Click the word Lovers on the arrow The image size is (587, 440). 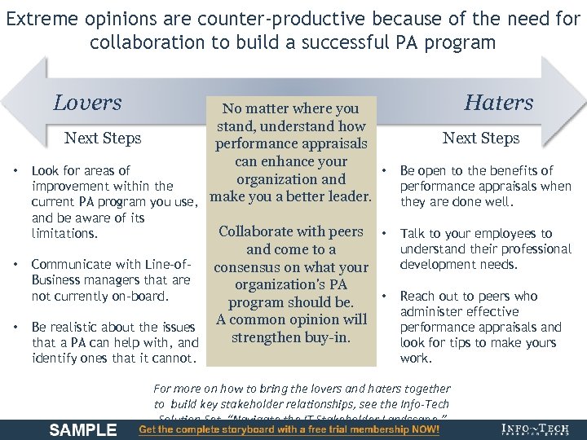[87, 103]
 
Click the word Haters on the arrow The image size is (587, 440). [498, 103]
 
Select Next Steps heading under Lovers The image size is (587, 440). [103, 138]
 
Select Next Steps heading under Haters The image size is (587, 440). [481, 138]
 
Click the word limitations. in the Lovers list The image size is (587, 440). [63, 233]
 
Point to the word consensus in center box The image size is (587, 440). [252, 267]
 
